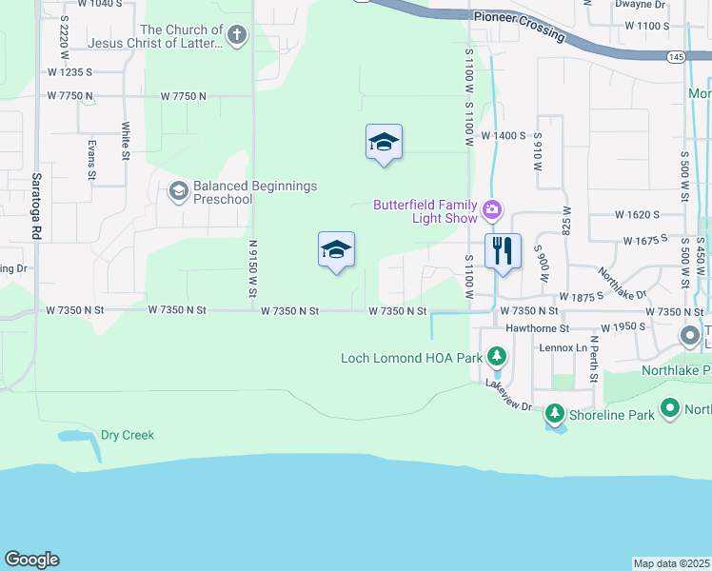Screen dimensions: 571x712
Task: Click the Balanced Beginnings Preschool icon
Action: coord(177,192)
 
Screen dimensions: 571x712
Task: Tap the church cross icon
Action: coord(237,36)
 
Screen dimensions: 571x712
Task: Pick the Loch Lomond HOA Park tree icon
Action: coord(496,358)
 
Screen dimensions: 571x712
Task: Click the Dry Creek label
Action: coord(128,435)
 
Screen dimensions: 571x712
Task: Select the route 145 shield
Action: coord(675,57)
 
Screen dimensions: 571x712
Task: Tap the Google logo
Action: coord(31,560)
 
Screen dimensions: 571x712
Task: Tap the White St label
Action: coord(125,140)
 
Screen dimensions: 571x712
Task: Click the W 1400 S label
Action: coord(504,136)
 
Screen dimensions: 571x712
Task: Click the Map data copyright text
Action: coord(672,563)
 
